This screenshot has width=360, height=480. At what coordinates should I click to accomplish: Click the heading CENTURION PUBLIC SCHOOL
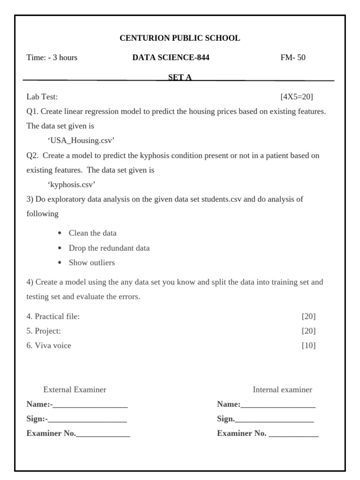pos(180,38)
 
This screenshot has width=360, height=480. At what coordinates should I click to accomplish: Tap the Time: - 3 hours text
pos(52,58)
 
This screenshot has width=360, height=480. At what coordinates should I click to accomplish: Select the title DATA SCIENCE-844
pos(171,58)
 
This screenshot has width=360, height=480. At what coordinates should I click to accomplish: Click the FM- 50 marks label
pos(292,58)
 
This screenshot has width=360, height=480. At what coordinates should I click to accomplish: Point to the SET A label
pos(180,78)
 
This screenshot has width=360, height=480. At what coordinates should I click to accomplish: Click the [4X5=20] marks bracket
pos(296,97)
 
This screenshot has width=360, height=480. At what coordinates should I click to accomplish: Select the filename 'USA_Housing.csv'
pos(81,141)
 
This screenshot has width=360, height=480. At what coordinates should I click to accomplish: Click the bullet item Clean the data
pos(92,233)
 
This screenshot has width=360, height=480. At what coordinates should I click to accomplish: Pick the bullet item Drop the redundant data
pos(109,248)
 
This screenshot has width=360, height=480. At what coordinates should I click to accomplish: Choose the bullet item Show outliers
pos(91,262)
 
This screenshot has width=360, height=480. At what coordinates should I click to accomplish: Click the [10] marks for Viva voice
pos(308,345)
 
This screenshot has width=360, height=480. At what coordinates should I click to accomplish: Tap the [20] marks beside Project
pos(308,331)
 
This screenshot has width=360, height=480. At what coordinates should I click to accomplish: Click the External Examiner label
pos(75,390)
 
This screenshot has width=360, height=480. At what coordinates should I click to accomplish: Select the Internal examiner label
pos(282,390)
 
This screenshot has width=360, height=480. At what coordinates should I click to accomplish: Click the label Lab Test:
pos(42,97)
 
